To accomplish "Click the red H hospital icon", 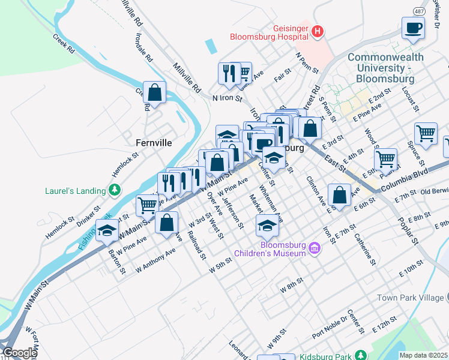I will (318, 31).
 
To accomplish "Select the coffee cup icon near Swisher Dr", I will (414, 28).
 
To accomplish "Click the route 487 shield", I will (418, 11).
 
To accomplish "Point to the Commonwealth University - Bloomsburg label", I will (385, 68).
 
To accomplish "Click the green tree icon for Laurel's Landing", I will (114, 191).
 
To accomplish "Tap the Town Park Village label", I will (410, 298).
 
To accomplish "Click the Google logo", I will (19, 353).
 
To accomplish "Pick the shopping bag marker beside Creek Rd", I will (155, 93).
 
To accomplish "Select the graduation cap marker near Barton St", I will (107, 230).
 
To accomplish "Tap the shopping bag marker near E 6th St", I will (339, 195).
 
